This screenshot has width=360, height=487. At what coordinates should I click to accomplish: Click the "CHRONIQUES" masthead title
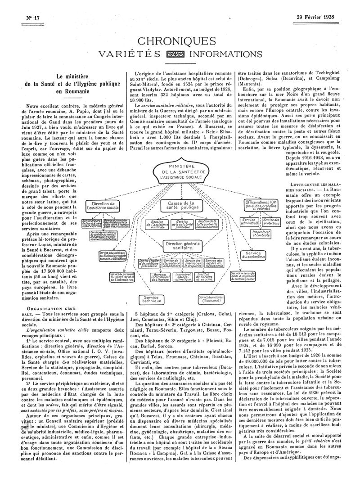pos(180,42)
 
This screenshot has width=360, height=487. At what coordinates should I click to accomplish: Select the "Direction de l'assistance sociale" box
pos(103,207)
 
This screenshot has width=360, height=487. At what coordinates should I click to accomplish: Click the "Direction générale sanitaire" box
pos(180,245)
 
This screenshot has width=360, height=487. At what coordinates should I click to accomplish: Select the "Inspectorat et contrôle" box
pos(260,233)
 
